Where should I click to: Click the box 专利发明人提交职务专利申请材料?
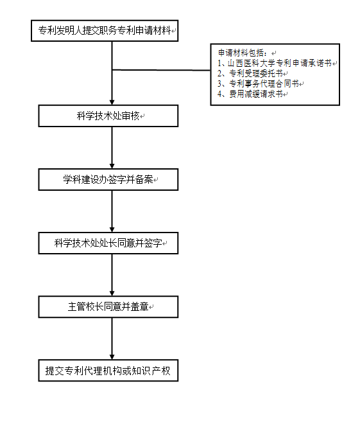(x=105, y=31)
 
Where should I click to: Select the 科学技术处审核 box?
(x=108, y=116)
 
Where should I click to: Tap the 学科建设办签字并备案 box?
(x=108, y=179)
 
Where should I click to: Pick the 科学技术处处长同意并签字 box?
(x=108, y=243)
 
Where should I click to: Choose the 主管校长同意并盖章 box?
(x=108, y=307)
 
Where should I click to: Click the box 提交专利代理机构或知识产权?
(x=108, y=371)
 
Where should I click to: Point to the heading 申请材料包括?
(x=243, y=53)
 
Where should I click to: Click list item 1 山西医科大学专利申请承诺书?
(x=275, y=63)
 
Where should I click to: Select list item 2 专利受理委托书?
(x=250, y=73)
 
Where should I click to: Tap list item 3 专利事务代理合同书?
(x=258, y=84)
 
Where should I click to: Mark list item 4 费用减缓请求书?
(x=250, y=94)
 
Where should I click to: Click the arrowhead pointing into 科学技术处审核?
(x=112, y=102)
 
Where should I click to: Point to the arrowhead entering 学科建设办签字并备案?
(x=112, y=166)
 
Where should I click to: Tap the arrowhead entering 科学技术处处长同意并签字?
(x=112, y=229)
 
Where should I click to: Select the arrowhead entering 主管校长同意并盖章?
(x=112, y=294)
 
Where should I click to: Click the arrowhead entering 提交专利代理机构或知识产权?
(x=112, y=357)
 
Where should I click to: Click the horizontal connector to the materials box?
(x=161, y=70)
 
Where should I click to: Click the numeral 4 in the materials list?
(x=219, y=94)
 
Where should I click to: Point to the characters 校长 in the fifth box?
(x=95, y=307)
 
